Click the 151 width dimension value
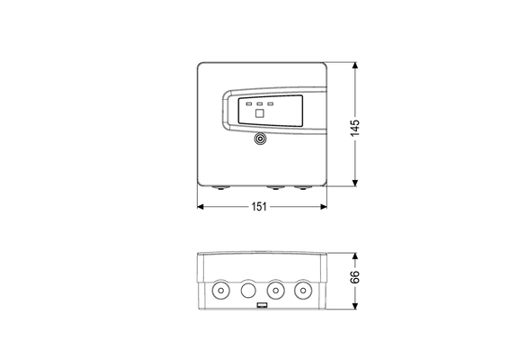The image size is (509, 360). (x=259, y=207)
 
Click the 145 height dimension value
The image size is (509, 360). (x=355, y=128)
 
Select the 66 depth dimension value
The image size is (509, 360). (x=355, y=277)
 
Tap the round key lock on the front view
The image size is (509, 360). (x=260, y=139)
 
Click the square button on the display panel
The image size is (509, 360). (x=260, y=113)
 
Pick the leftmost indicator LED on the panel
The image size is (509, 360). (x=249, y=104)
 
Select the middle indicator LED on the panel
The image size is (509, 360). (x=260, y=104)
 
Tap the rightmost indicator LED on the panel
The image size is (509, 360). (x=271, y=104)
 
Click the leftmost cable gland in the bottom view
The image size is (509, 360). (x=220, y=290)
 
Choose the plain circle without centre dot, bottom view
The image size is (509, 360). (x=248, y=290)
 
